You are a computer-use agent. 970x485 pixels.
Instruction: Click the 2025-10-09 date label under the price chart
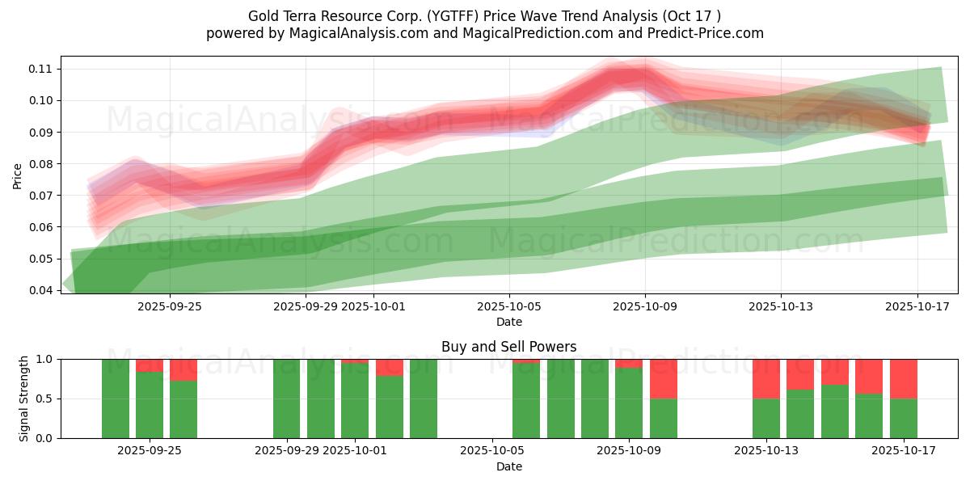point(645,306)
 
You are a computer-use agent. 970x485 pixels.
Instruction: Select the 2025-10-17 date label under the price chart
point(917,306)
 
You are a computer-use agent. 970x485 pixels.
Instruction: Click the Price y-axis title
point(18,175)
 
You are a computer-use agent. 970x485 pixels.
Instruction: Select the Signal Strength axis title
point(24,399)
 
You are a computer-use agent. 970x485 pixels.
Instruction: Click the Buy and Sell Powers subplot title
point(508,347)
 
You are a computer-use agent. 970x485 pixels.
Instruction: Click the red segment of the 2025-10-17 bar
point(904,378)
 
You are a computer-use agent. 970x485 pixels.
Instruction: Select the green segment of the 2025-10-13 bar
point(766,418)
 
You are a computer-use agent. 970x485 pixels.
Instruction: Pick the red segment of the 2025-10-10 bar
point(664,378)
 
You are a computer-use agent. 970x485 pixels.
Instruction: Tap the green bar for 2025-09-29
point(287,399)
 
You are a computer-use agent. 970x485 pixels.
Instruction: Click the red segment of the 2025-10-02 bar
point(390,367)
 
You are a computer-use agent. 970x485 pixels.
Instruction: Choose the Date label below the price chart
point(508,322)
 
